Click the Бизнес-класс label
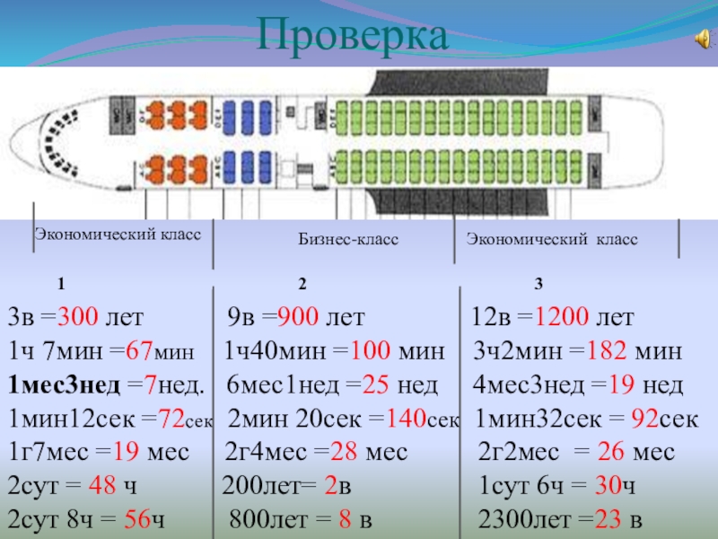click(x=348, y=241)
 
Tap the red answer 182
click(x=604, y=351)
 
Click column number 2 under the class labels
click(x=302, y=285)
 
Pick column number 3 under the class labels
click(x=538, y=285)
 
